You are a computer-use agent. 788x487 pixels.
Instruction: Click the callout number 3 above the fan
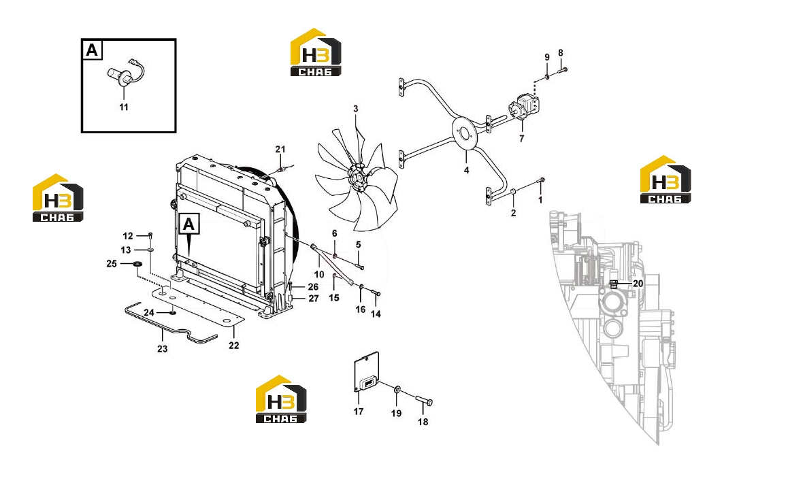pos(356,109)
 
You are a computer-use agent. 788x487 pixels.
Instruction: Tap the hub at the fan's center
pos(358,178)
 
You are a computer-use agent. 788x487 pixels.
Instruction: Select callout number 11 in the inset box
pos(124,107)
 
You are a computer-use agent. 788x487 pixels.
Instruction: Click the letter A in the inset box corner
pos(92,50)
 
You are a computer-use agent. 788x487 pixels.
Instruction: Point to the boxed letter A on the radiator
pos(188,224)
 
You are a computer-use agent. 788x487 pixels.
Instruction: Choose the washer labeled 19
pos(397,390)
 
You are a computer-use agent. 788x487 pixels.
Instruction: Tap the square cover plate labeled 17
pos(366,373)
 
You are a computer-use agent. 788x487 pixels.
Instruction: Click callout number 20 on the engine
pos(638,284)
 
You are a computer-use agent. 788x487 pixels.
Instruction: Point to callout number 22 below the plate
pos(233,346)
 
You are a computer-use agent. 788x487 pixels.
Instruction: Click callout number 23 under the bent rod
pos(162,349)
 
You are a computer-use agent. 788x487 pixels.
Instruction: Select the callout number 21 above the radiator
pos(280,149)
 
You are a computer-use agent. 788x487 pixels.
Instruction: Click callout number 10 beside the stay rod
pos(319,275)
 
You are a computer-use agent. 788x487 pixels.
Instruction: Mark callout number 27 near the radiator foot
pos(314,298)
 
